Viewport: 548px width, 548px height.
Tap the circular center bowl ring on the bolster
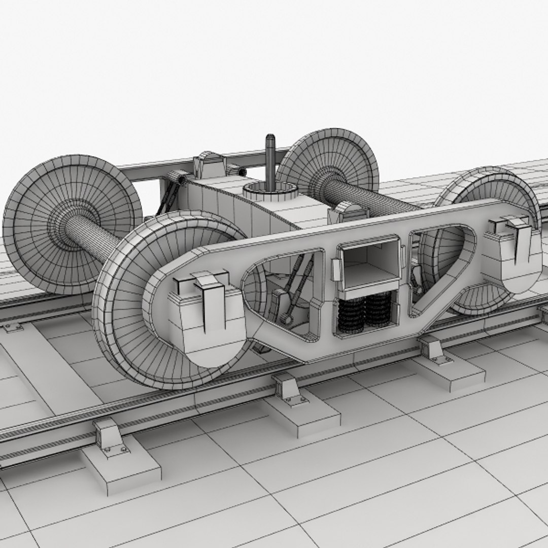269,190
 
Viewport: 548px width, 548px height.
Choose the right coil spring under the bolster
379,311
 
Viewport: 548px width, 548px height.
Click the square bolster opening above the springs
368,264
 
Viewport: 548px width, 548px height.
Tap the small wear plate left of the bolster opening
334,269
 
